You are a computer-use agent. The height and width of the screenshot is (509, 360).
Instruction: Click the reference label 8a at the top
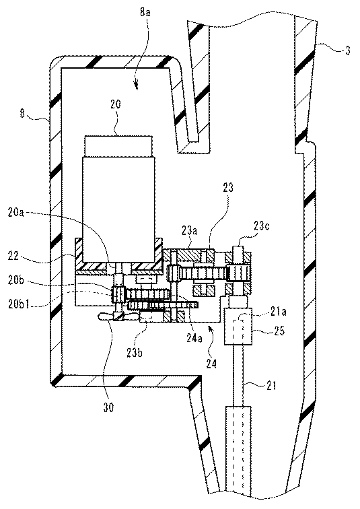pyautogui.click(x=145, y=13)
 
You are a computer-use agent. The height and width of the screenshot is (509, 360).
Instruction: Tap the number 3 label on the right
pyautogui.click(x=348, y=50)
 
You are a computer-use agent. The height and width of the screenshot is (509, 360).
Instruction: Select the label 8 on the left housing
pyautogui.click(x=22, y=114)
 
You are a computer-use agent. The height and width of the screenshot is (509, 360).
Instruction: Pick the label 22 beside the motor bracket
pyautogui.click(x=13, y=256)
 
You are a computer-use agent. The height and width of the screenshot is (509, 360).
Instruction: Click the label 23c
pyautogui.click(x=261, y=226)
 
